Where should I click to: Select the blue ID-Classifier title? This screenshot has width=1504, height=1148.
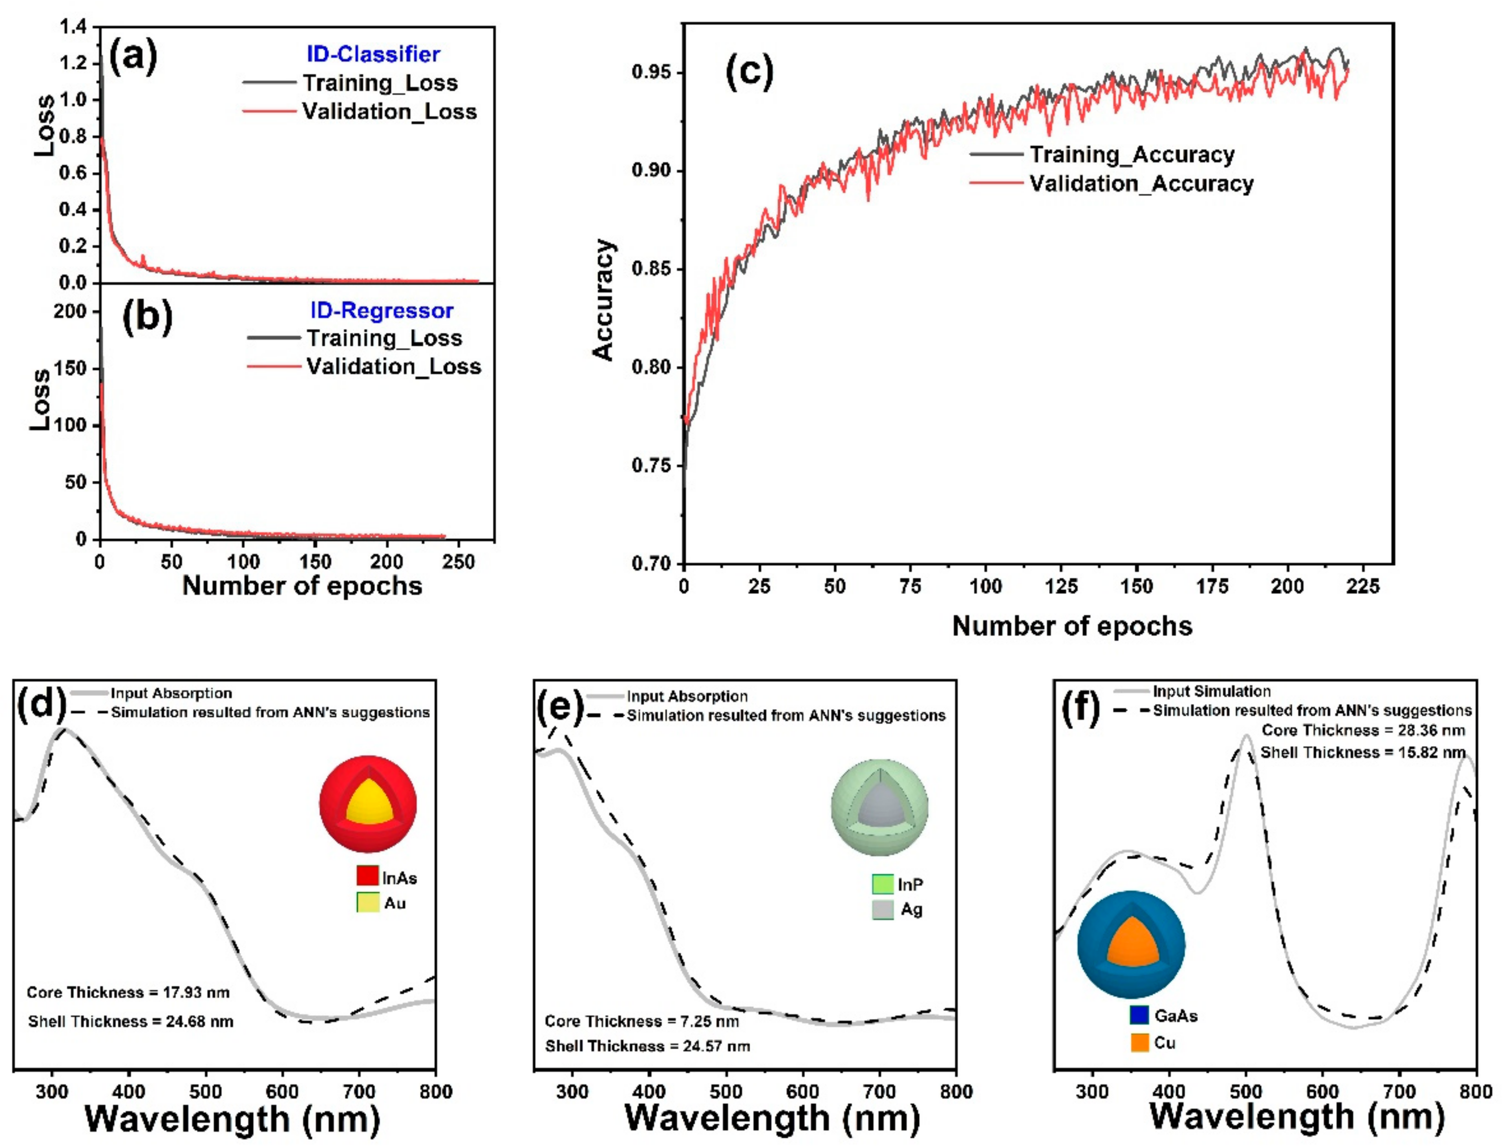(373, 54)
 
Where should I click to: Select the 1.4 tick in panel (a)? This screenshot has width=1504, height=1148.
(73, 27)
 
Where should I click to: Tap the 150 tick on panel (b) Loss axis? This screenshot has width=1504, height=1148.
(70, 368)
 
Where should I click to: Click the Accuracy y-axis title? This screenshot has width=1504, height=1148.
(603, 299)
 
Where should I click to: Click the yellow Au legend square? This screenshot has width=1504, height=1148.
(367, 902)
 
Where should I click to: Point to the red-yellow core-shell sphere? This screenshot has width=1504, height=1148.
(368, 804)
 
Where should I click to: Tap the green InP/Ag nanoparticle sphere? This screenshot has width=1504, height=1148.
(879, 807)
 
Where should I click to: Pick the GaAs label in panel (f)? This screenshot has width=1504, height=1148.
(1175, 1016)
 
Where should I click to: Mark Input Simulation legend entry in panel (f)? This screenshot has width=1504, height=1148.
(1211, 691)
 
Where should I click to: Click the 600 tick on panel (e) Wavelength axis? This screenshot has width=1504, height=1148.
(802, 1091)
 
